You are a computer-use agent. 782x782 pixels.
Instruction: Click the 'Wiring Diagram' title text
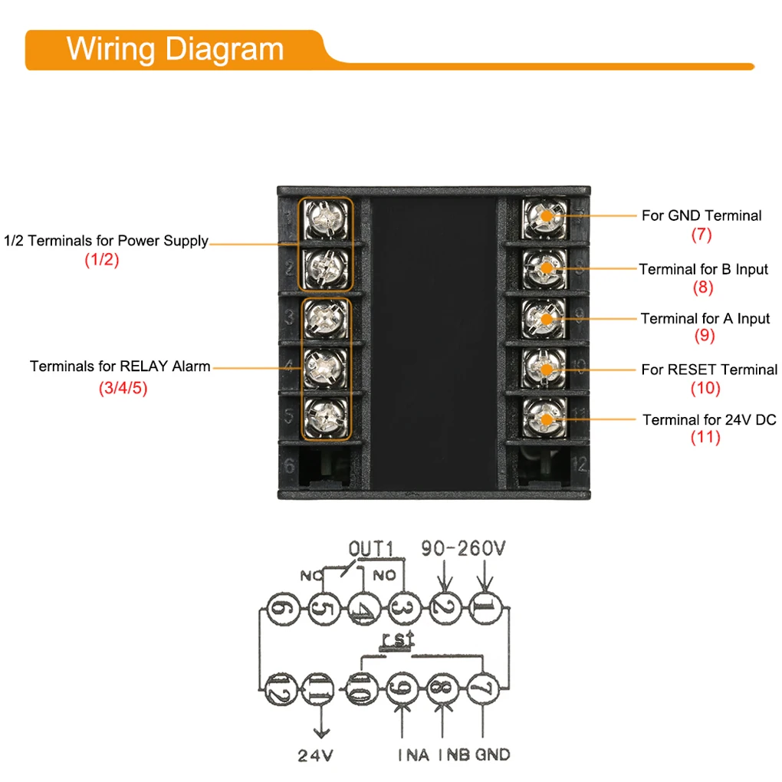tap(175, 49)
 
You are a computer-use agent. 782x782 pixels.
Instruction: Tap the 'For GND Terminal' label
tap(701, 215)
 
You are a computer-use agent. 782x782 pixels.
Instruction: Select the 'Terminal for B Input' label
tap(703, 269)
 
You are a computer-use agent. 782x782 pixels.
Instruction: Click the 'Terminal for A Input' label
tap(705, 318)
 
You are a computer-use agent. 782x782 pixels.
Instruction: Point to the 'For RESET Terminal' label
tap(708, 370)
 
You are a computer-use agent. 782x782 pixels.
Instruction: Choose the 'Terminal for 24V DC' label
tap(709, 419)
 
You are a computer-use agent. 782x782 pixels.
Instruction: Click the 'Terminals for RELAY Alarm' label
tap(120, 366)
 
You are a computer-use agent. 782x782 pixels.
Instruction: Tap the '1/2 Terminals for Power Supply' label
tap(107, 241)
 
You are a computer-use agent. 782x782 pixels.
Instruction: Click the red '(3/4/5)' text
tap(123, 389)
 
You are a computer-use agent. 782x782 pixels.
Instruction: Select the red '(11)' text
tap(705, 438)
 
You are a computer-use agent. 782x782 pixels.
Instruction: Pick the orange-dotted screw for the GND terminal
tap(546, 217)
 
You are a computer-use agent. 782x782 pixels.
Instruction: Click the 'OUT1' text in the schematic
tap(371, 550)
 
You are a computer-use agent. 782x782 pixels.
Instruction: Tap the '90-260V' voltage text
tap(464, 549)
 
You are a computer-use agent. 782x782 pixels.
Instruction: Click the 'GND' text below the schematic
tap(492, 754)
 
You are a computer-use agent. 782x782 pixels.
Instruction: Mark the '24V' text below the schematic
tap(316, 755)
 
